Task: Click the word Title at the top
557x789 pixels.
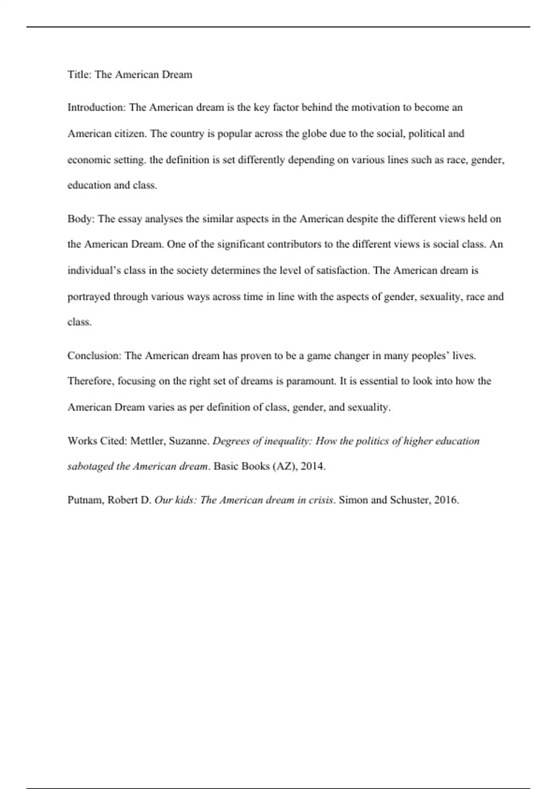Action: [x=79, y=75]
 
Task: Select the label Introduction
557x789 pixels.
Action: [x=96, y=108]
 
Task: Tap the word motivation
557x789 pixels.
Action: [x=376, y=108]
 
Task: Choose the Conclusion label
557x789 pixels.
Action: [x=95, y=356]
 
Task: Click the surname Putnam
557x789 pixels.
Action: [x=86, y=500]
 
